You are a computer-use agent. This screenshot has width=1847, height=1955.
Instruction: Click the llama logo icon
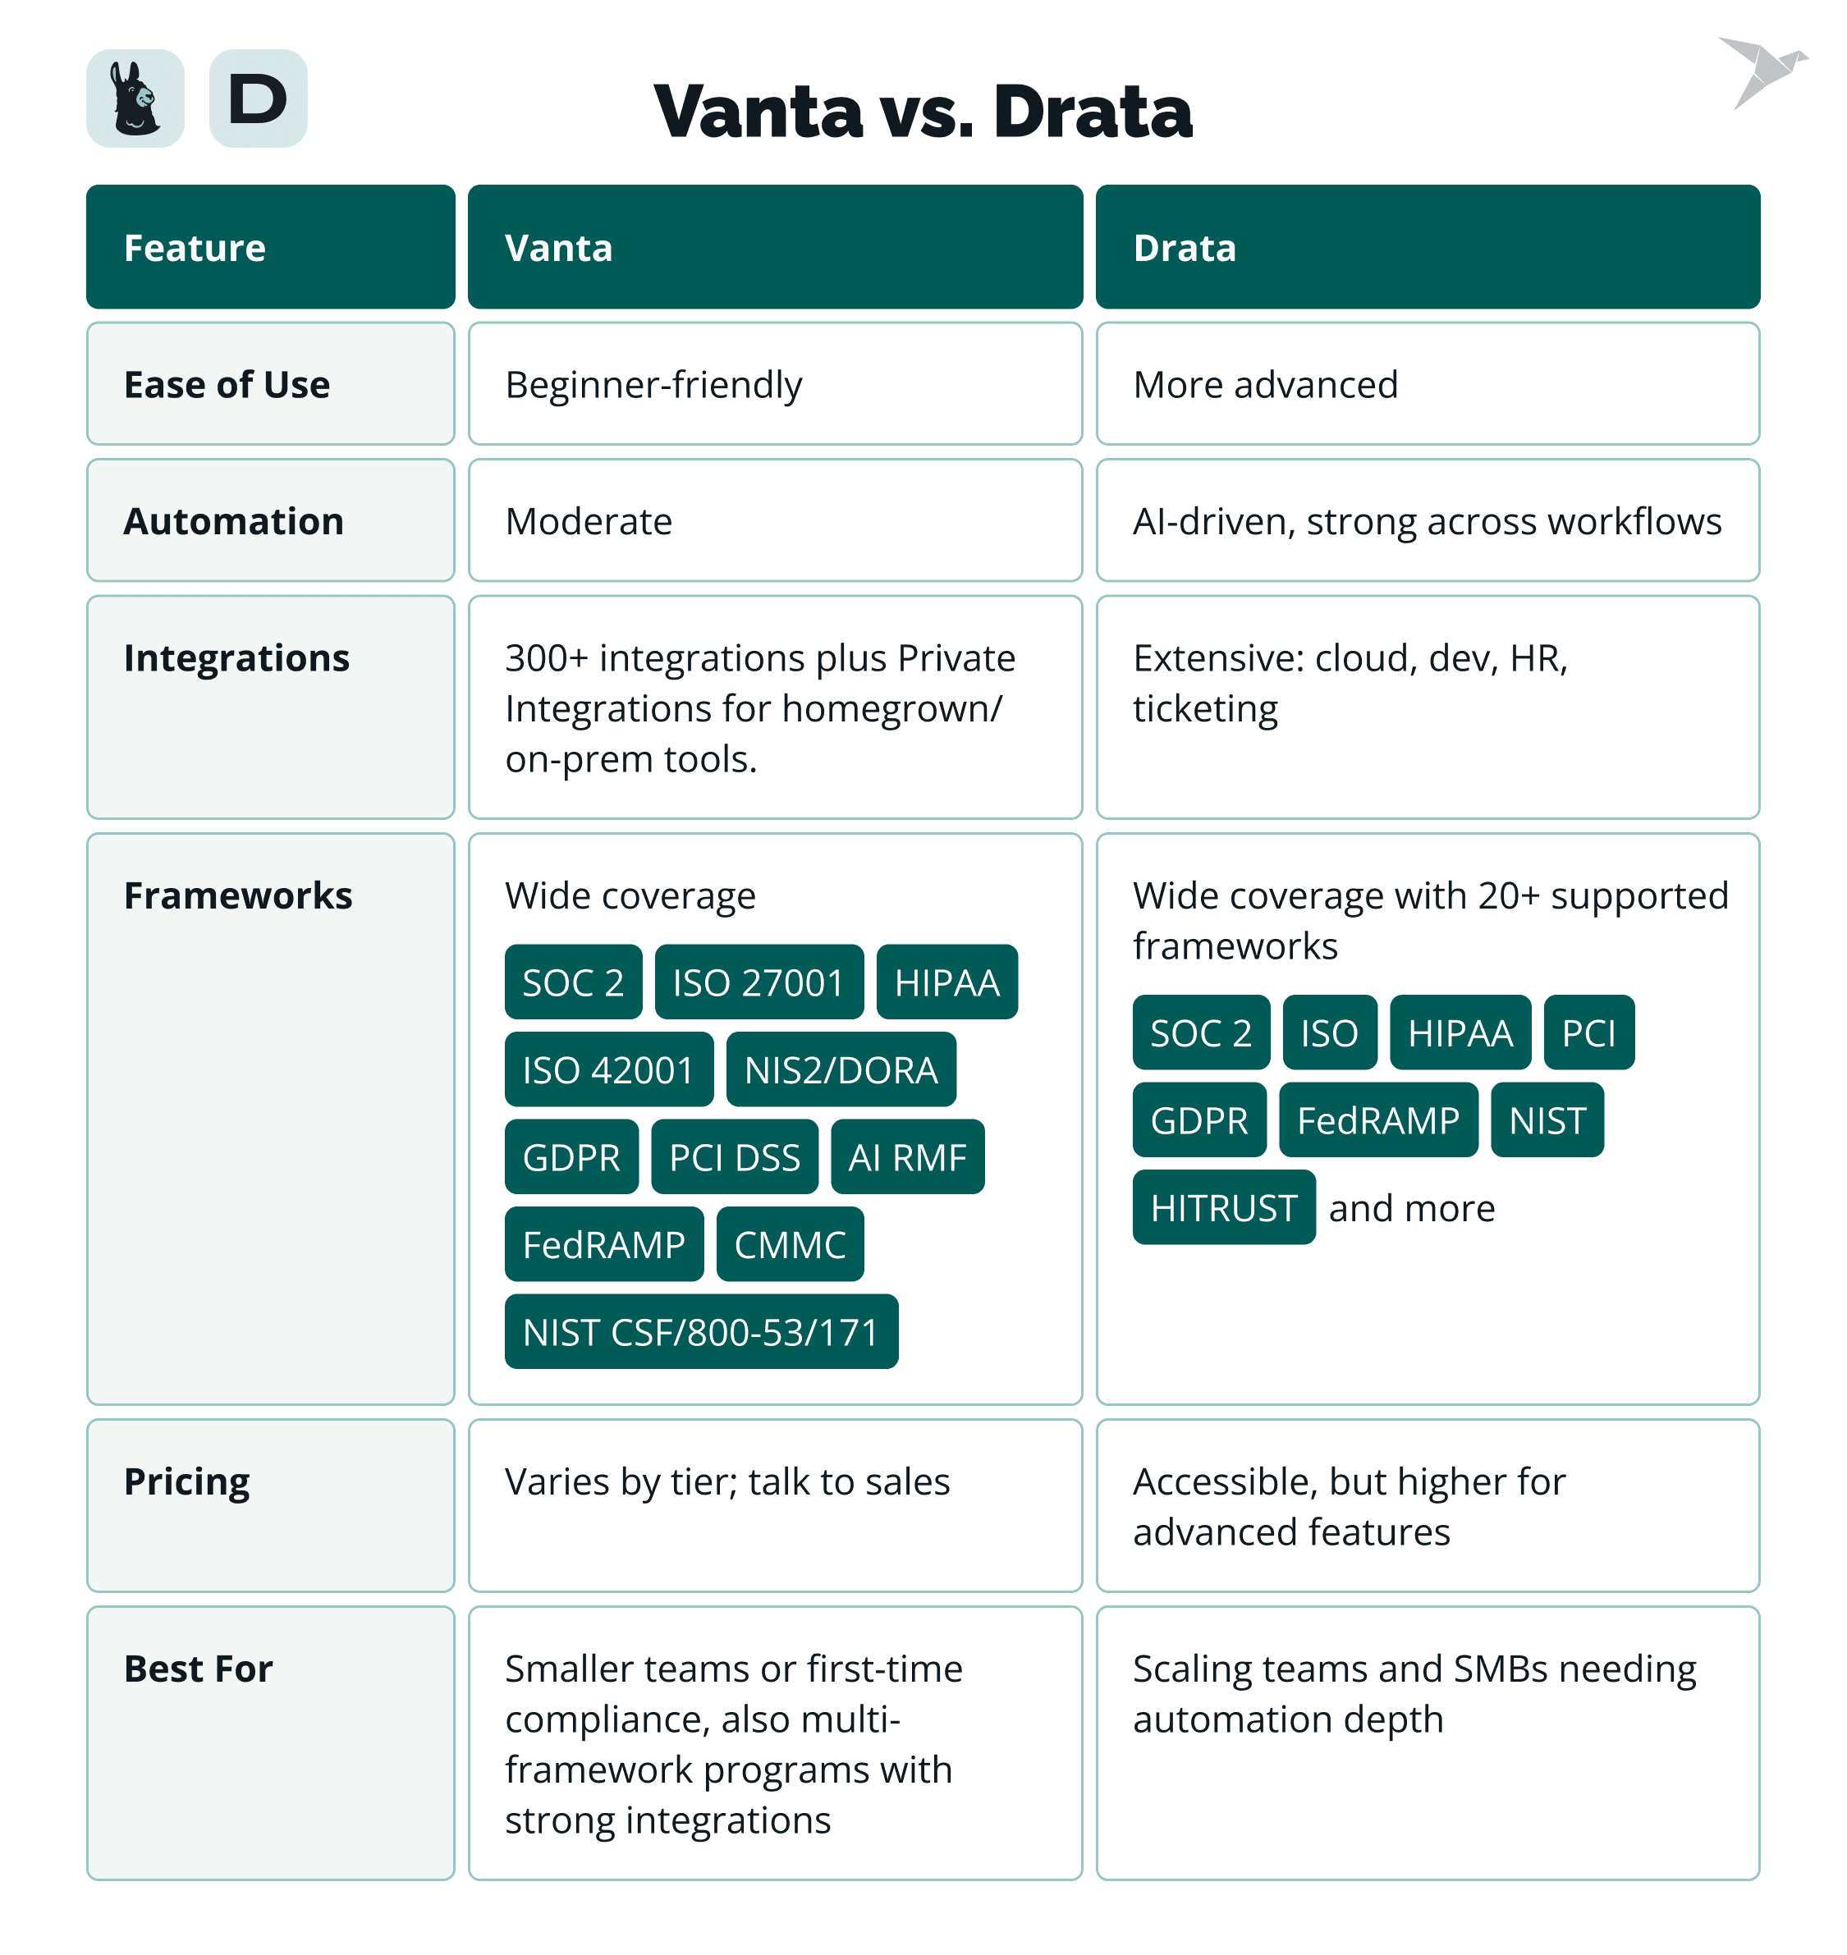(135, 98)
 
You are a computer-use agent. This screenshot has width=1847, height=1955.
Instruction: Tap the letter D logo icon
(258, 98)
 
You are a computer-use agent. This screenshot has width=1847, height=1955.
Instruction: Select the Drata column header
(1427, 247)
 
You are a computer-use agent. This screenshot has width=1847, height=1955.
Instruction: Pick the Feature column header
(271, 247)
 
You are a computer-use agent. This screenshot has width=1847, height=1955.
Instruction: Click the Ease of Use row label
(227, 384)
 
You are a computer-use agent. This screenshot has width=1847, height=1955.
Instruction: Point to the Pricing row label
(187, 1481)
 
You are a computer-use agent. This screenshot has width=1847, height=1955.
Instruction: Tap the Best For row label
(198, 1669)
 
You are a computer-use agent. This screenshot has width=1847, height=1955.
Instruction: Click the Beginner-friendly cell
(653, 384)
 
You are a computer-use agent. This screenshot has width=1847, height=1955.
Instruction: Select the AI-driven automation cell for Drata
(1427, 520)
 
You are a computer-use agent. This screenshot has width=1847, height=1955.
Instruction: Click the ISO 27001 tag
(759, 982)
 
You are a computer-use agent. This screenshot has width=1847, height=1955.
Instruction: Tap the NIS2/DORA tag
(841, 1070)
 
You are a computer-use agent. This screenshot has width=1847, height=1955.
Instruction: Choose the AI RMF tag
(907, 1157)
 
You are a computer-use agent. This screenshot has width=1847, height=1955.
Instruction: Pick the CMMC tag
(790, 1245)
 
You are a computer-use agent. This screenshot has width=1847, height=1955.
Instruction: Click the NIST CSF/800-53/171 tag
(701, 1332)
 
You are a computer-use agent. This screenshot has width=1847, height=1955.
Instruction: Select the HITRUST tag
(1223, 1208)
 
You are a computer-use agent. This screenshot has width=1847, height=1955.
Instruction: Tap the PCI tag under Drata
(1588, 1032)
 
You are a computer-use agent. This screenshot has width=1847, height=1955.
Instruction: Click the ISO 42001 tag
(608, 1070)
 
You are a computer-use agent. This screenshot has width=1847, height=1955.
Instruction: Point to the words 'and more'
(1411, 1208)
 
